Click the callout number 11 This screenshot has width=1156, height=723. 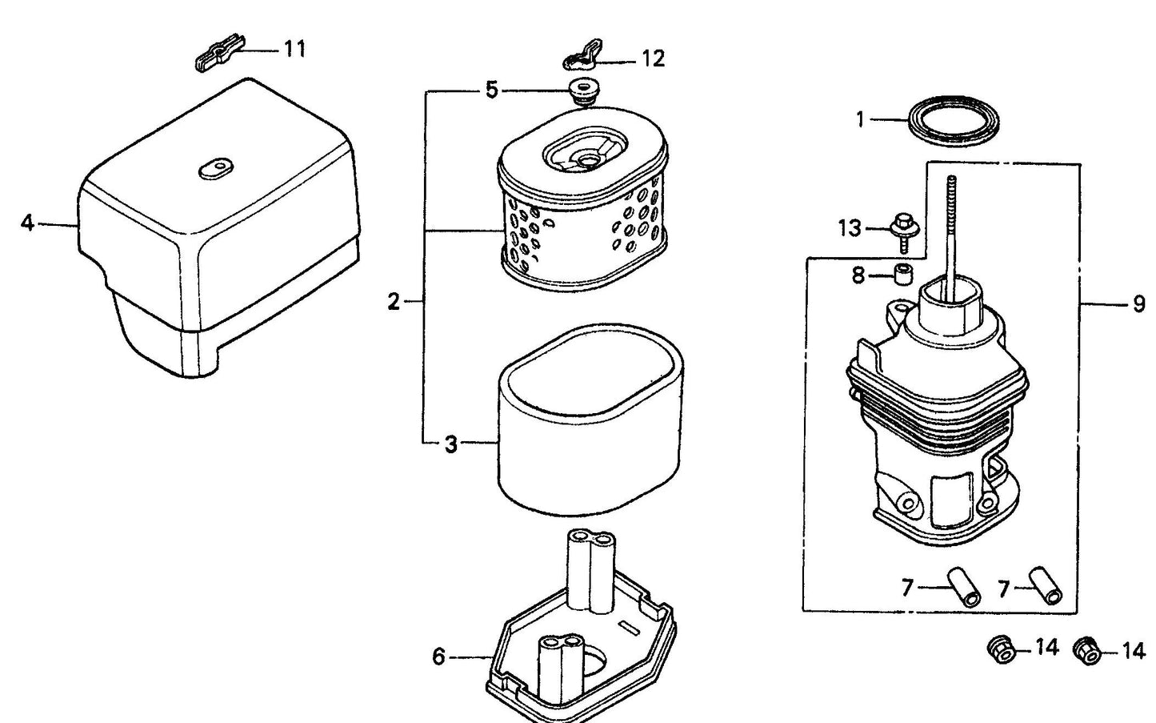point(295,49)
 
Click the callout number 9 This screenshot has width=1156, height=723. point(1139,305)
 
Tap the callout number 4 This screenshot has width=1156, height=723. point(27,223)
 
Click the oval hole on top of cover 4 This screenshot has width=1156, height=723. point(215,168)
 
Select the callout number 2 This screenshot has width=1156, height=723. point(394,302)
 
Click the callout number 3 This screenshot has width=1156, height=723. point(451,444)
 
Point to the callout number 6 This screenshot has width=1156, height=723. point(438,657)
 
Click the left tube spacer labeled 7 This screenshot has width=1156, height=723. point(964,588)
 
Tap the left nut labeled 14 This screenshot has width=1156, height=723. point(1001,649)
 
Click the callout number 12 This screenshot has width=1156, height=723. point(653,59)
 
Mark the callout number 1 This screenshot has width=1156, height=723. point(860,120)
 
